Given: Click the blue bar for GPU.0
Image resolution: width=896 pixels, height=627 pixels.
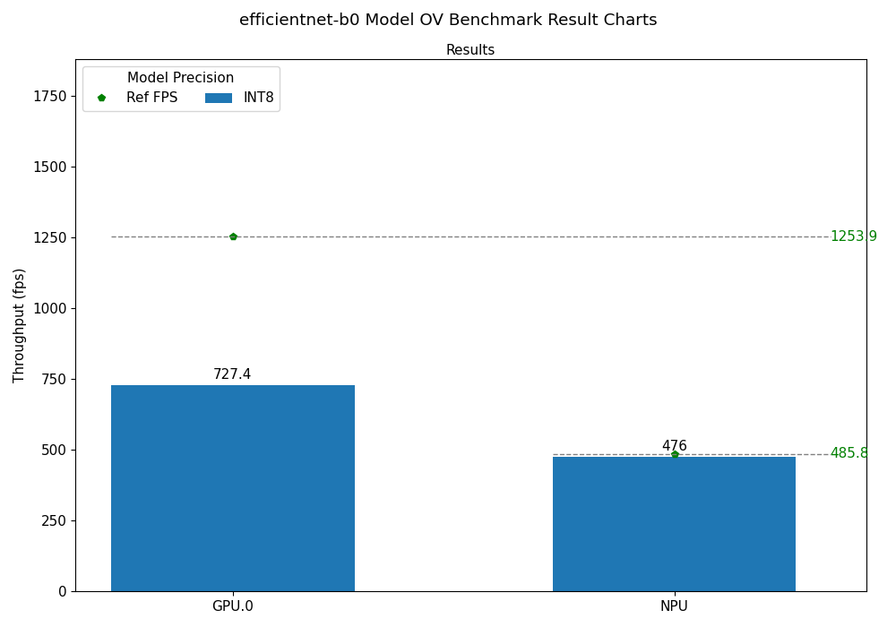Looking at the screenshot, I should pos(232,488).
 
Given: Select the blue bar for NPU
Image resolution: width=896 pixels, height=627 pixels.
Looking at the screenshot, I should pos(674,524).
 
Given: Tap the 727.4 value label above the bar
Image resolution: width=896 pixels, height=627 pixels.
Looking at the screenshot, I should pos(232,374).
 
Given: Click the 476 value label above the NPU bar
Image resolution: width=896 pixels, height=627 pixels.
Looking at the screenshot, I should pos(674,446).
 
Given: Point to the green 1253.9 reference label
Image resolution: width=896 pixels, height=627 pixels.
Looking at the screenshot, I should pos(853,236).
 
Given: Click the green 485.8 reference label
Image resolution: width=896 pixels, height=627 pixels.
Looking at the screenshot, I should pos(849,453).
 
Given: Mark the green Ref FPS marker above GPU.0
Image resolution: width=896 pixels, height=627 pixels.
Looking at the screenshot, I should pos(233,236).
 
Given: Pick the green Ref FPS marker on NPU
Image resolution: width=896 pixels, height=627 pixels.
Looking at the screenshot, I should pos(675,454).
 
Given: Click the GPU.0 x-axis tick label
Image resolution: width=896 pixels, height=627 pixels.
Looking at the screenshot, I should pos(232,606).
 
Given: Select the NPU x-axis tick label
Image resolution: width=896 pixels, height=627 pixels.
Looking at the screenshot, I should pos(674,606).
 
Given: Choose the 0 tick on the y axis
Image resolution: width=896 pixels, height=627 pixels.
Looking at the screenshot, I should pos(63,591).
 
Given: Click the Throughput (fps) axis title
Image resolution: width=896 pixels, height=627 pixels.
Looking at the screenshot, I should pos(20,325).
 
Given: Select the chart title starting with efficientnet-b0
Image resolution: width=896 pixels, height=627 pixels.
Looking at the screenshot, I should pos(448,20).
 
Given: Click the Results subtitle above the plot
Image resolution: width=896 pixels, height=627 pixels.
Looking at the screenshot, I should pos(470,50).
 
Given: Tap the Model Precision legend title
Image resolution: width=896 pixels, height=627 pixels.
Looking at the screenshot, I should pos(180,78).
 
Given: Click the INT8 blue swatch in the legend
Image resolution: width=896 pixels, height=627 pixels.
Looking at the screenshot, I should pos(219,98).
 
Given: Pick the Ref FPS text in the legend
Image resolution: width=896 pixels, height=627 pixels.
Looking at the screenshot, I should pos(151,98).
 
